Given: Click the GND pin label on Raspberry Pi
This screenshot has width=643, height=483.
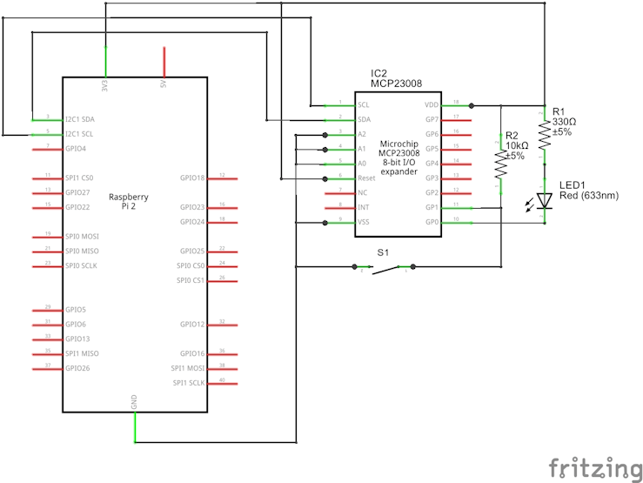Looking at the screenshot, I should pyautogui.click(x=134, y=402).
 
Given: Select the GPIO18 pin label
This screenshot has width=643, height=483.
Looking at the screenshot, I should pyautogui.click(x=192, y=178).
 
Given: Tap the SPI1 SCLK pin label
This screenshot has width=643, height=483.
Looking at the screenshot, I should pyautogui.click(x=188, y=383).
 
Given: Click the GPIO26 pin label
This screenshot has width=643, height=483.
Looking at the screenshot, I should pyautogui.click(x=77, y=368).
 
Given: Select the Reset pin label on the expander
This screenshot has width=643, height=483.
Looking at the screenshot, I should pyautogui.click(x=367, y=178).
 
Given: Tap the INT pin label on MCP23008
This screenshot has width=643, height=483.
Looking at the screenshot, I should pyautogui.click(x=364, y=208).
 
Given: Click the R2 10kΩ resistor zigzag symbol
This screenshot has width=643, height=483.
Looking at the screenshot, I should pyautogui.click(x=500, y=164).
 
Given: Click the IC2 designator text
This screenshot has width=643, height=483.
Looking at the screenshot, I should pyautogui.click(x=379, y=73).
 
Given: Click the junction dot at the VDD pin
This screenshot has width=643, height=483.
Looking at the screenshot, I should pyautogui.click(x=472, y=105).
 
